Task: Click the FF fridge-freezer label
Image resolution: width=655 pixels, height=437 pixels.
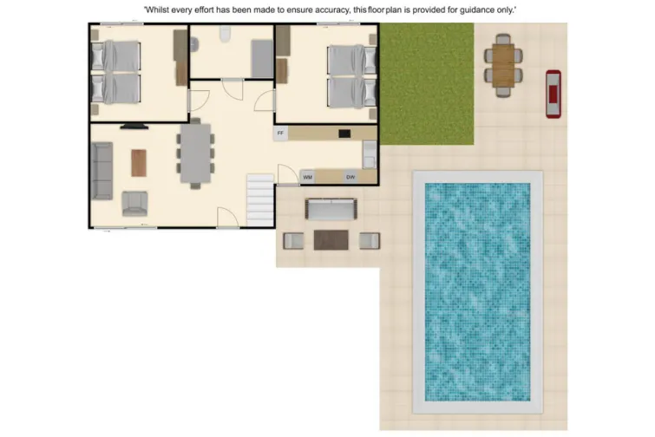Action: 280,134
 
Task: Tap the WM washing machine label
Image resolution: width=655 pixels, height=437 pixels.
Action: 307,177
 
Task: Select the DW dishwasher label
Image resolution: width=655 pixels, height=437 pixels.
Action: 350,177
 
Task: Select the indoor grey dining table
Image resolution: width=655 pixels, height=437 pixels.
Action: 196,153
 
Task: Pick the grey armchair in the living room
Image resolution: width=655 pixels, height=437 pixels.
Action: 135,203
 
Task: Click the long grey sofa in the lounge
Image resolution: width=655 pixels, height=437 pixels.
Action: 102,170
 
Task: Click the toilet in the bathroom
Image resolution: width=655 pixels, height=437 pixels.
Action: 225,34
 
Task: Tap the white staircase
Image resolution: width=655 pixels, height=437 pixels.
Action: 260,199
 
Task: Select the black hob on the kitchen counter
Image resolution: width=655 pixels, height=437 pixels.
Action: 344,134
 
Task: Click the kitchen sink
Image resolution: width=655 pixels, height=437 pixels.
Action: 369,153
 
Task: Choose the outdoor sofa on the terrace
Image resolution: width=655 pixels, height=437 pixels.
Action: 331,209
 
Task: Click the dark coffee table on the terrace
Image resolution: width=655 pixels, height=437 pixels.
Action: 331,239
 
